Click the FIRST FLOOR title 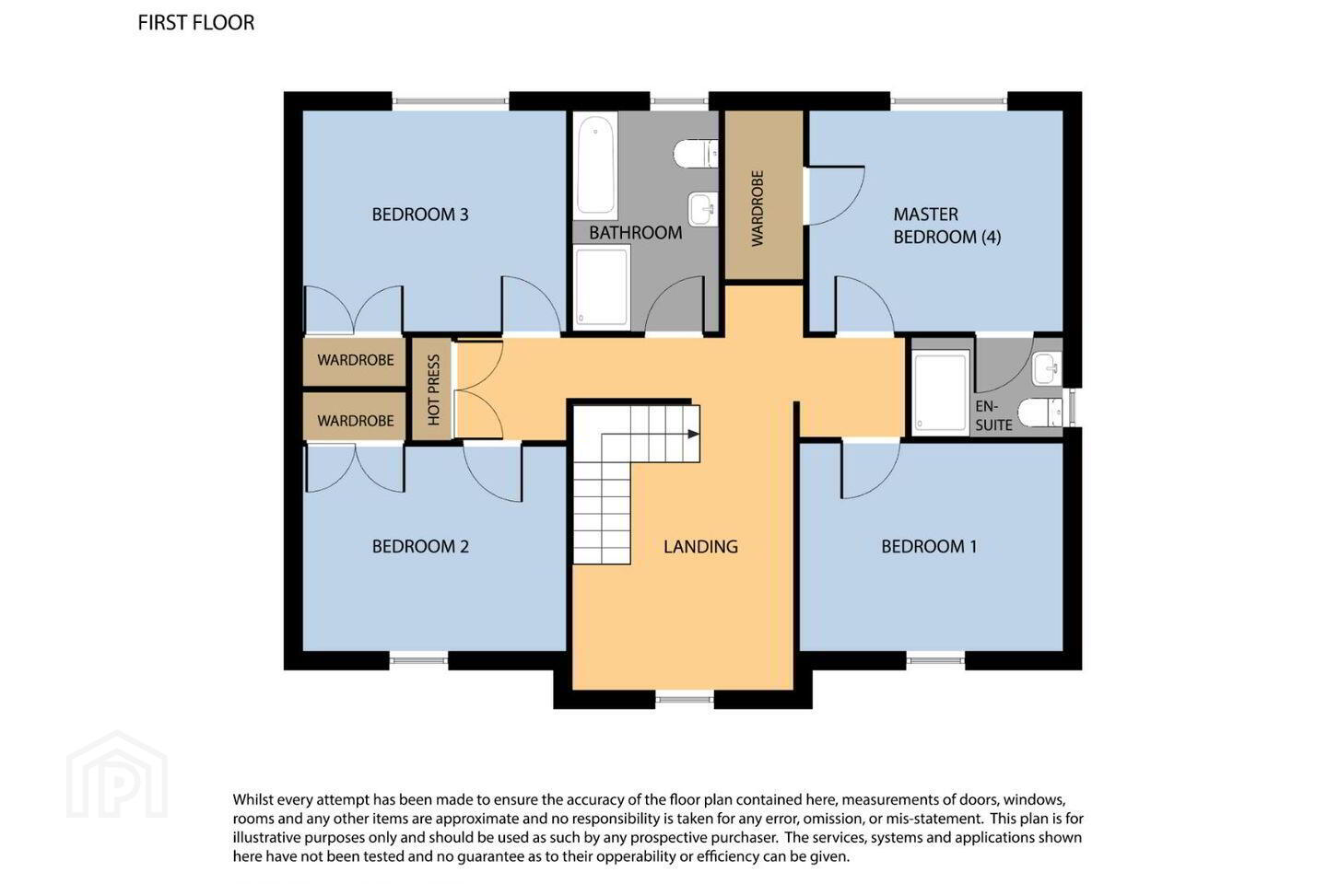pos(196,22)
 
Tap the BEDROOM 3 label pos(420,215)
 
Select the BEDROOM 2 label pos(420,546)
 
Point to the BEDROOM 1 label pos(929,546)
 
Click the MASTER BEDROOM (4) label pos(946,226)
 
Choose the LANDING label pos(700,546)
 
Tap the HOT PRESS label pos(434,390)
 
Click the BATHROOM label pos(635,233)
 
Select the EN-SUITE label pos(993,415)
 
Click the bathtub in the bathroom pos(595,165)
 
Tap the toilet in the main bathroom pos(696,154)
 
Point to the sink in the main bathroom pos(703,208)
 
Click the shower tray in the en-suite pos(941,390)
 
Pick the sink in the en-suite pos(1048,369)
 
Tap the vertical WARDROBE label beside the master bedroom pos(757,208)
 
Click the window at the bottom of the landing pos(685,700)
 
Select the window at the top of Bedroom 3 pos(451,101)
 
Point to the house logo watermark pos(117,774)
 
